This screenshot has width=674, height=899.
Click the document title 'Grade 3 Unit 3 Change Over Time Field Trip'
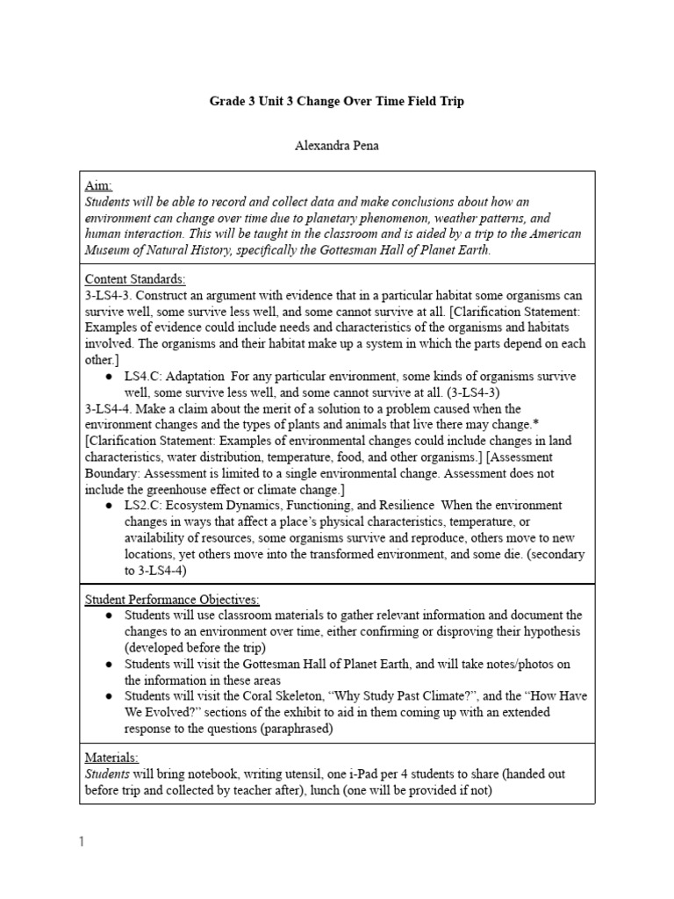pos(336,101)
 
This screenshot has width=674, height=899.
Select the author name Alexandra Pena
pos(336,146)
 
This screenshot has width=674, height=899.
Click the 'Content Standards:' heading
pos(134,279)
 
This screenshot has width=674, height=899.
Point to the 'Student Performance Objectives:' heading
pos(172,600)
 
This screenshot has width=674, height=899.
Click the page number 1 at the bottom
pos(82,842)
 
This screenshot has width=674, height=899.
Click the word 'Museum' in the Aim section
pos(111,250)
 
